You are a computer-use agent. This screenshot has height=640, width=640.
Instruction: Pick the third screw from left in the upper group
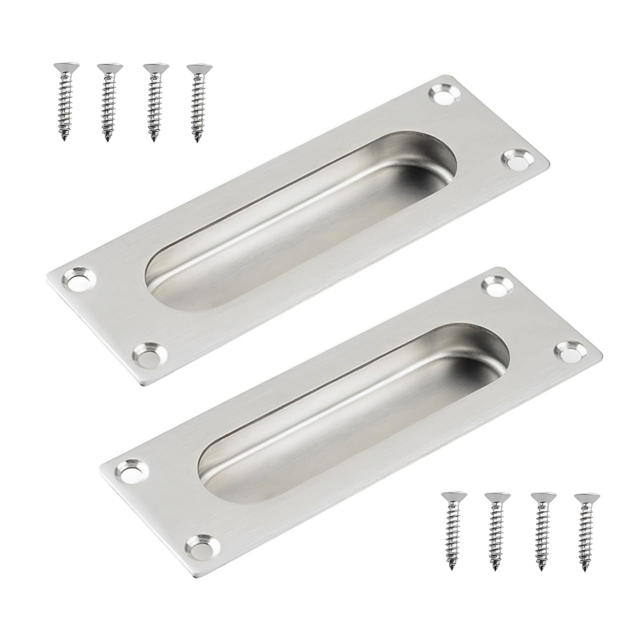point(151,102)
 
